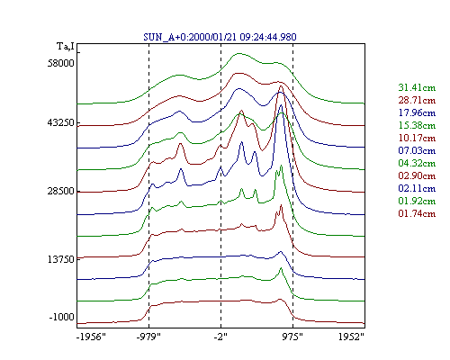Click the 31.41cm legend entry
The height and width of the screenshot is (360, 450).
coord(417,87)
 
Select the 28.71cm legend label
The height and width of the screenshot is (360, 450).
coord(417,100)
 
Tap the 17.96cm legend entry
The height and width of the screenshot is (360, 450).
coord(417,112)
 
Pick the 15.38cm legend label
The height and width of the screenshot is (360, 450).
coord(417,125)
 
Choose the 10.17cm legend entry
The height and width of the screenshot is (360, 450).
coord(417,138)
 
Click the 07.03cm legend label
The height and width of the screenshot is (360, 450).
coord(417,150)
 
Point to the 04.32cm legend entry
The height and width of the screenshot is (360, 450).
coord(417,163)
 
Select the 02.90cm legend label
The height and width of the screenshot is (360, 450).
coord(417,175)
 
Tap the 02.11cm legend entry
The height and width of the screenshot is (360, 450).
coord(417,188)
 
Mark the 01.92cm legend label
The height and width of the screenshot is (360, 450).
coord(417,201)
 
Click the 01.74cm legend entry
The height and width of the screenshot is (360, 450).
coord(417,213)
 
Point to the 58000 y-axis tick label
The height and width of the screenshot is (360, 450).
coord(61,63)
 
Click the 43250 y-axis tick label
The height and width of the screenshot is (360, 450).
coord(61,122)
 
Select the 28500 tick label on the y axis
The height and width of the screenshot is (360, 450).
coord(61,191)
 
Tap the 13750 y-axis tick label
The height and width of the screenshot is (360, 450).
coord(61,259)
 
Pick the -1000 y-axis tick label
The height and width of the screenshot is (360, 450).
coord(61,317)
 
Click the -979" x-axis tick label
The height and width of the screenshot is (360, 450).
coord(148,337)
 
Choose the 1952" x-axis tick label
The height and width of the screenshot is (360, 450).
coord(351,337)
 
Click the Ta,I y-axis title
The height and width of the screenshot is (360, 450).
coord(66,47)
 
